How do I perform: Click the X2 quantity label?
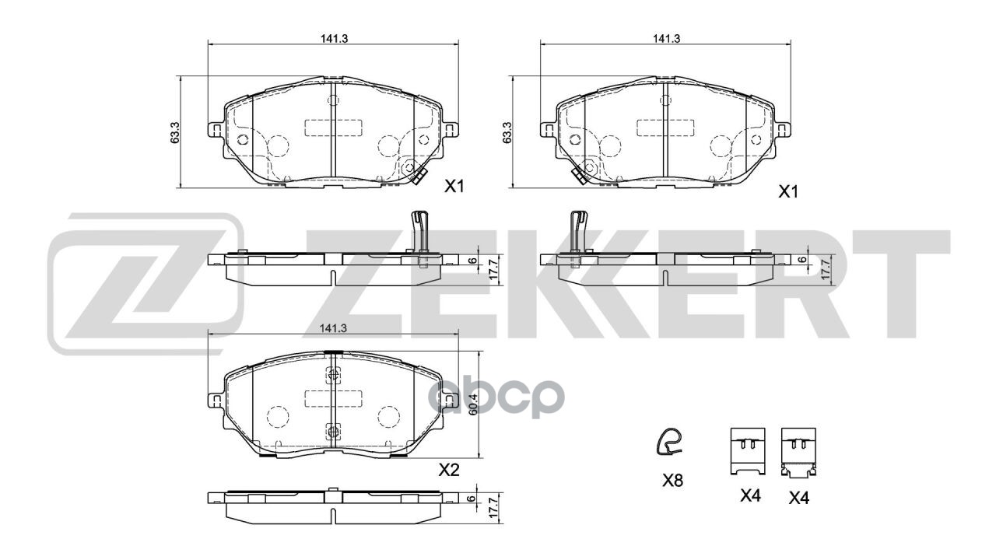[x=449, y=470]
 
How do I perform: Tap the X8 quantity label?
[x=672, y=481]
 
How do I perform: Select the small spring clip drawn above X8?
[x=668, y=443]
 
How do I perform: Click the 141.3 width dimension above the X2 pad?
[x=333, y=329]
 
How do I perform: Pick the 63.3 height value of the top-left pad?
[x=176, y=132]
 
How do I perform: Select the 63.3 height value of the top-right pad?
[x=507, y=132]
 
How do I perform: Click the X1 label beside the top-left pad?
[x=454, y=187]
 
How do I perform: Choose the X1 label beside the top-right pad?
[x=789, y=191]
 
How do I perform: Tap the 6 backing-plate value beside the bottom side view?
[x=472, y=499]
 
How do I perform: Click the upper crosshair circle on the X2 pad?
[x=333, y=375]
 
